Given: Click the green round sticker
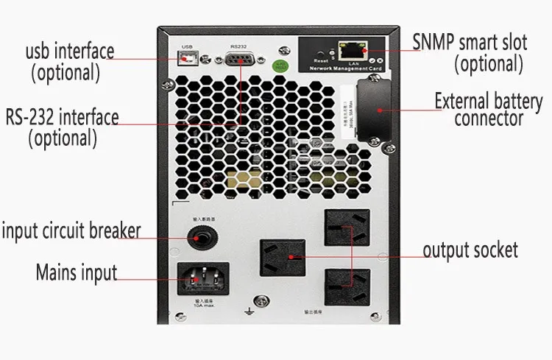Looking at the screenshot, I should (280, 66).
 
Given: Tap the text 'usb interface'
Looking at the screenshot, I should (70, 52).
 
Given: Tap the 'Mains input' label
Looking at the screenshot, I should (77, 272).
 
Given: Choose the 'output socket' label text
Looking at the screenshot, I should (470, 250).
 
